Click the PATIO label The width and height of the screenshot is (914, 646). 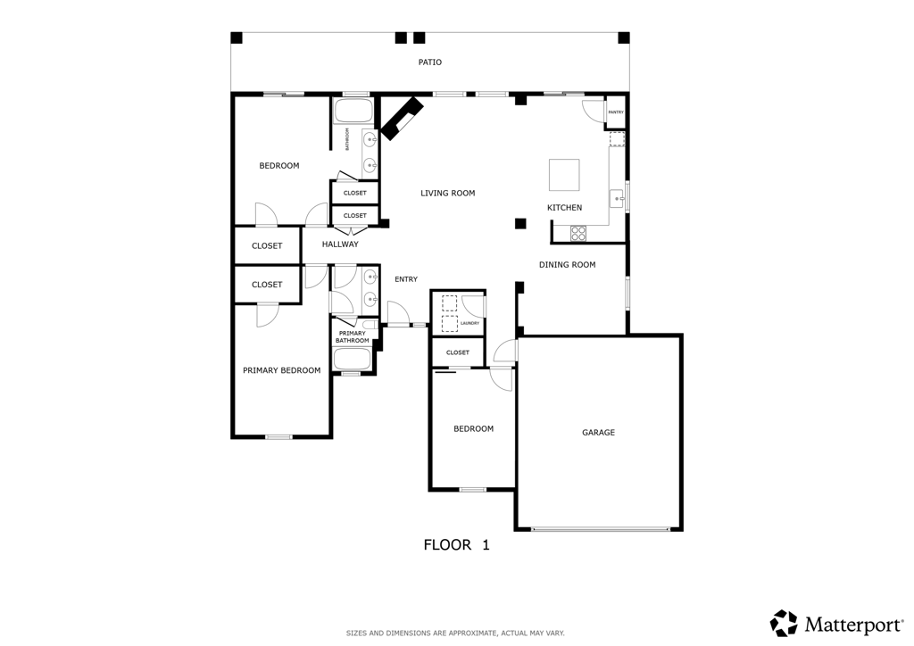click(x=430, y=62)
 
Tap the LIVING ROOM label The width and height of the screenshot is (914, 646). click(x=447, y=193)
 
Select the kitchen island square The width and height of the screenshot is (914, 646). click(x=563, y=175)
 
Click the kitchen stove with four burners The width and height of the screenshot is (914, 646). click(x=577, y=233)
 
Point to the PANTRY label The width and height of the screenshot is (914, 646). click(x=616, y=112)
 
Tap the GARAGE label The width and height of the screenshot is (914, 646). click(x=598, y=433)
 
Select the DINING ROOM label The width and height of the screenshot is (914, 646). click(x=567, y=265)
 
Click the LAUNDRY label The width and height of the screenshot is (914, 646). click(x=469, y=323)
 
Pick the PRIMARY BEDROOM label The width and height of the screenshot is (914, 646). click(x=281, y=370)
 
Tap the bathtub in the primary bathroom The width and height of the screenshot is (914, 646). click(x=352, y=359)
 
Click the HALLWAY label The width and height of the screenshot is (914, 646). click(x=340, y=244)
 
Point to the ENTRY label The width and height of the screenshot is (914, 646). click(x=406, y=279)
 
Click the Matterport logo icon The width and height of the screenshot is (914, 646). click(x=784, y=623)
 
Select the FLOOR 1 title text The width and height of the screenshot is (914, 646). click(x=456, y=545)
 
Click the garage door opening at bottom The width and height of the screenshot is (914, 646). click(x=600, y=529)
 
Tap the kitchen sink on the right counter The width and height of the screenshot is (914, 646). click(x=616, y=198)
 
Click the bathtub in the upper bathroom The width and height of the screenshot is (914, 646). click(x=353, y=112)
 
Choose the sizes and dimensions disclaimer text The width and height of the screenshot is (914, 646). click(x=455, y=633)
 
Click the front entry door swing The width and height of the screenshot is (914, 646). click(x=398, y=313)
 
